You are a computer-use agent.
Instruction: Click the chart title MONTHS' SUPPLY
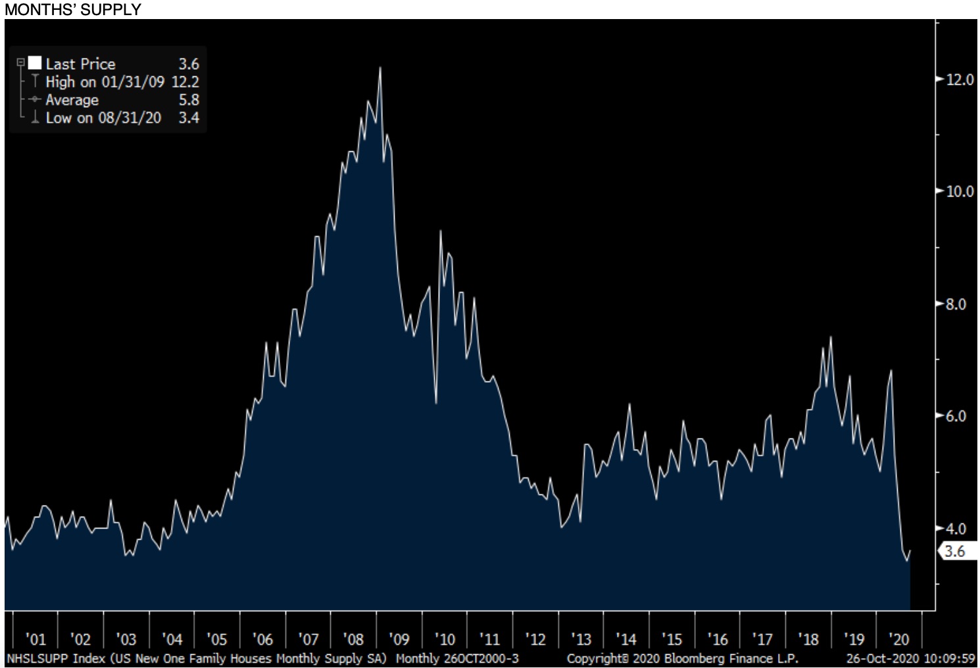tap(72, 9)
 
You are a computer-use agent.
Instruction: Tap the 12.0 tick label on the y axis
tap(960, 80)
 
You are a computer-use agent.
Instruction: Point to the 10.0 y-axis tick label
tap(960, 191)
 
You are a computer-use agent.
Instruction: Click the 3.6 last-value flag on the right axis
tap(954, 551)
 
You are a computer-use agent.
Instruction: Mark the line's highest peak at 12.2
tap(380, 68)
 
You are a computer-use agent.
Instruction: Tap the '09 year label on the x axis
tap(399, 639)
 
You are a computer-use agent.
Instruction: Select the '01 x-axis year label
tap(36, 639)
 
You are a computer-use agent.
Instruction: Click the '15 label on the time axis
tap(672, 639)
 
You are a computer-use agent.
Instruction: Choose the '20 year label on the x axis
tap(898, 639)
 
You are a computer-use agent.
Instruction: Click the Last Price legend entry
tap(80, 64)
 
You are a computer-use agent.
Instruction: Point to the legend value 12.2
tap(185, 82)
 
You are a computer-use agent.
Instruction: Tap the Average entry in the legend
tap(72, 100)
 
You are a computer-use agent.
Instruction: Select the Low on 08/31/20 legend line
tap(103, 118)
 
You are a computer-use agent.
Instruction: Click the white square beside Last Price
tap(34, 63)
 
